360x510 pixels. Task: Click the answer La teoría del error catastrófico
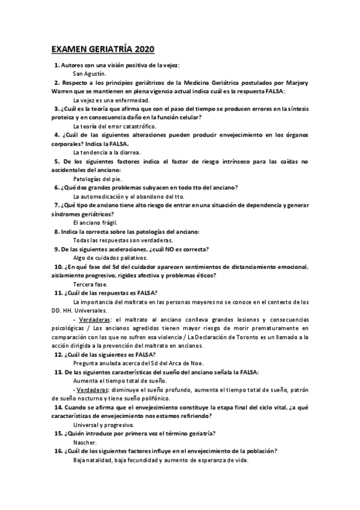click(114, 126)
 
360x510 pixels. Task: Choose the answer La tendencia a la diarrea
click(106, 153)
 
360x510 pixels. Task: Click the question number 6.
click(56, 188)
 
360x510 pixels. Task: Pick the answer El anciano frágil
click(95, 223)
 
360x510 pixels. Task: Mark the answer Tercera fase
click(90, 284)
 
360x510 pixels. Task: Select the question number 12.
click(58, 355)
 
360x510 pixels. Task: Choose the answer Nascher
click(85, 443)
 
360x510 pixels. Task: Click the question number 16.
click(58, 452)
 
